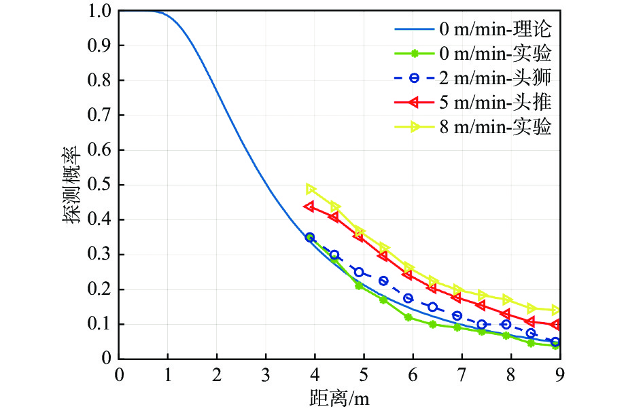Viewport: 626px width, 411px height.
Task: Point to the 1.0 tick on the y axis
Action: (101, 11)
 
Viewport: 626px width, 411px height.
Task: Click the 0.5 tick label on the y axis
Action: (101, 185)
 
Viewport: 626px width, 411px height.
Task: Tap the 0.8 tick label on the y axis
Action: (101, 80)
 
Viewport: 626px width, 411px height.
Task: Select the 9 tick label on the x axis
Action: (559, 374)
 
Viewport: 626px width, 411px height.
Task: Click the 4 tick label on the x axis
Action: (315, 374)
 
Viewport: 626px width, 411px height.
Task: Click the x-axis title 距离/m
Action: (338, 395)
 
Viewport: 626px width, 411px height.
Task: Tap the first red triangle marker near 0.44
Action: (310, 206)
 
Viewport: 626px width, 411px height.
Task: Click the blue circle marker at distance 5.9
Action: (408, 298)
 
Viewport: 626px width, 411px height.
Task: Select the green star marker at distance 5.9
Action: (408, 317)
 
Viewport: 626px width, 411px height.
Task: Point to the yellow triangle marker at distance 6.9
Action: (457, 289)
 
